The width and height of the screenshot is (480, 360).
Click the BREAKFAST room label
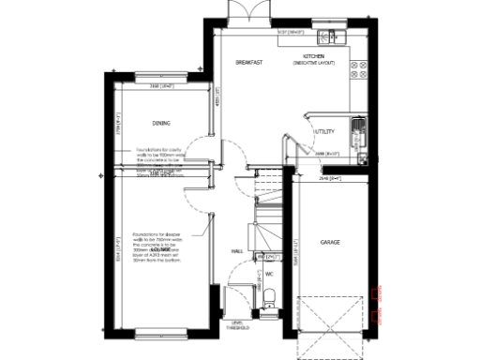coord(248,63)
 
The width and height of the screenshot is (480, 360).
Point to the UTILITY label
coord(324,131)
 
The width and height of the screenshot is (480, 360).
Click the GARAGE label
coord(330,242)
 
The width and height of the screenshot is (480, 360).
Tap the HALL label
coord(238,251)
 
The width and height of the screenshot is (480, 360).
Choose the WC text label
coord(269,274)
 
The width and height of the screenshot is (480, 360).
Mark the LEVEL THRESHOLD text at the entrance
coord(234,322)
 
